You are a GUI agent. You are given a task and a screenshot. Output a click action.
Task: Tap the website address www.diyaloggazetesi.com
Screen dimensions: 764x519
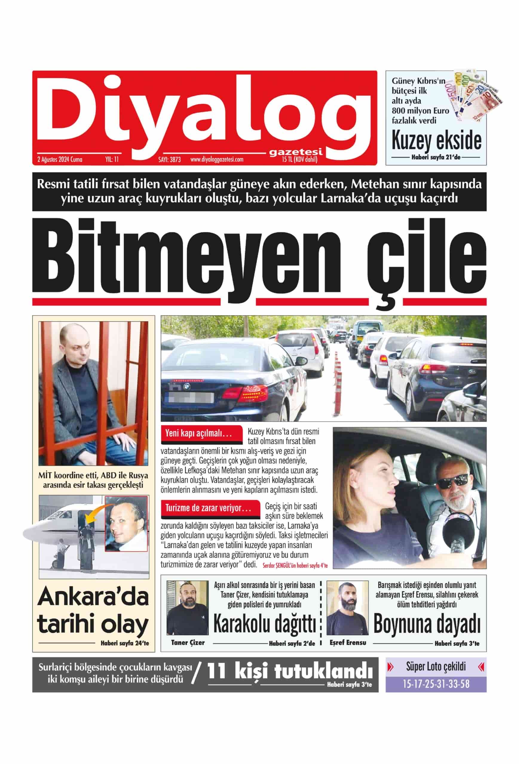(x=217, y=160)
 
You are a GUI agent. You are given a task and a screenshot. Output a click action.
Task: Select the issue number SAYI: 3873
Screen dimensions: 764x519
(x=169, y=160)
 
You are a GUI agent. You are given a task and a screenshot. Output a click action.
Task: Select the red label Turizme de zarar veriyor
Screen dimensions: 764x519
(x=208, y=508)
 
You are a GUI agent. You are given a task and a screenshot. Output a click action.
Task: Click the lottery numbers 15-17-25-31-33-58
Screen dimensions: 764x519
(x=436, y=684)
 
